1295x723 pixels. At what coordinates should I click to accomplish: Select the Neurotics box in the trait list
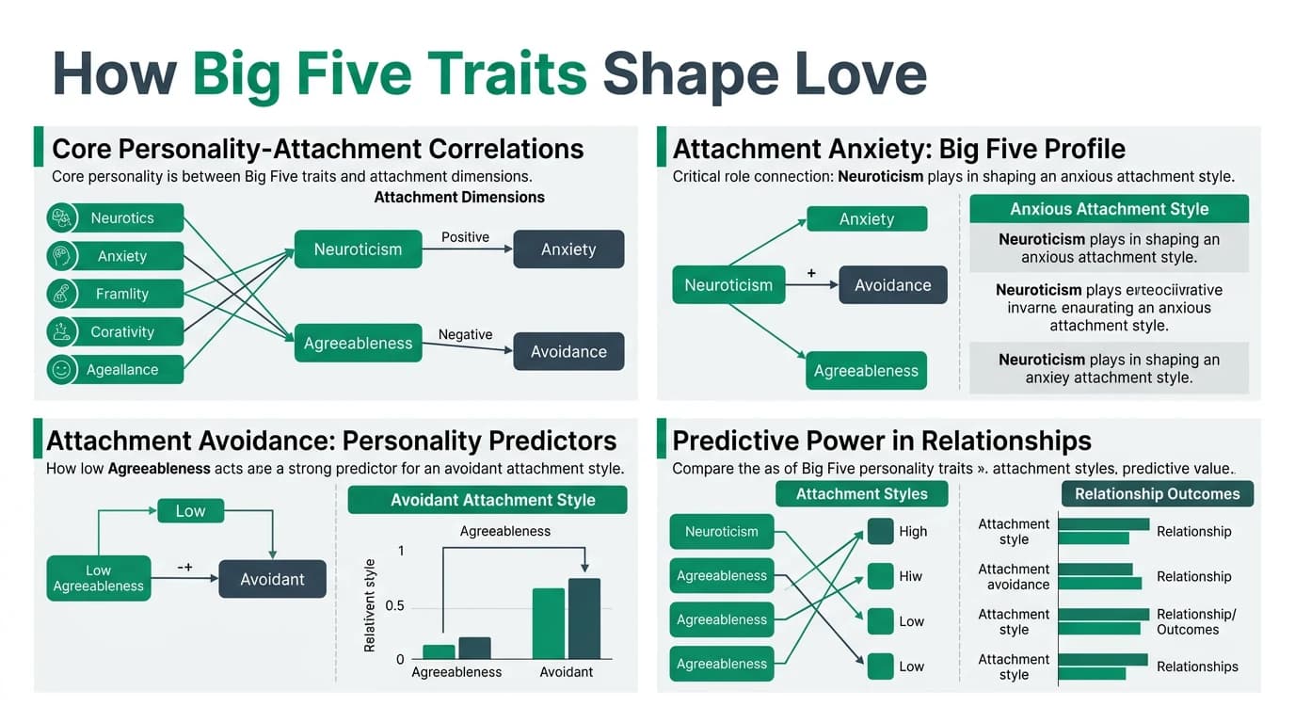pos(122,218)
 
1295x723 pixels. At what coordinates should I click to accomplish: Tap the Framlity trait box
pos(122,294)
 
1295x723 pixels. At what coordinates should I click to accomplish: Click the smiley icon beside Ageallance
pos(62,370)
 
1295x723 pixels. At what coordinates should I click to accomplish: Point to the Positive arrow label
pos(465,237)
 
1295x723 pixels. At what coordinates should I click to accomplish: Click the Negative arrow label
pos(465,334)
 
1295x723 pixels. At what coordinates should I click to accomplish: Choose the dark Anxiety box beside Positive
pos(568,249)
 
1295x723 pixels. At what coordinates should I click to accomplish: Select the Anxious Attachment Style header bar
pos(1109,209)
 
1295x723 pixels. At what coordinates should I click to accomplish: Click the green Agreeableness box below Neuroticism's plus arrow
pos(866,371)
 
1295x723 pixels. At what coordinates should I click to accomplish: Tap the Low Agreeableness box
pos(98,578)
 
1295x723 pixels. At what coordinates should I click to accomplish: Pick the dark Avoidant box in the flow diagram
pos(272,579)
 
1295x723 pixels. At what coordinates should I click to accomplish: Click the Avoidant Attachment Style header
pos(488,500)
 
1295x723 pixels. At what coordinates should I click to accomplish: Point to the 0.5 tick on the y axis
pos(394,605)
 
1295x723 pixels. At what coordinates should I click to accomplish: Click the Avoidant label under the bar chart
pos(567,672)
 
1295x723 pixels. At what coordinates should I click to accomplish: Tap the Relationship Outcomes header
pos(1157,494)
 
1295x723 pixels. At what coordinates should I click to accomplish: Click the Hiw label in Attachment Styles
pos(911,576)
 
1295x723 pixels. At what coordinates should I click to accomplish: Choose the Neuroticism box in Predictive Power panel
pos(721,532)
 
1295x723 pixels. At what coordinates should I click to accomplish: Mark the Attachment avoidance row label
pos(1014,577)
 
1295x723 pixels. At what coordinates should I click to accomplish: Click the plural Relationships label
pos(1197,667)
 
